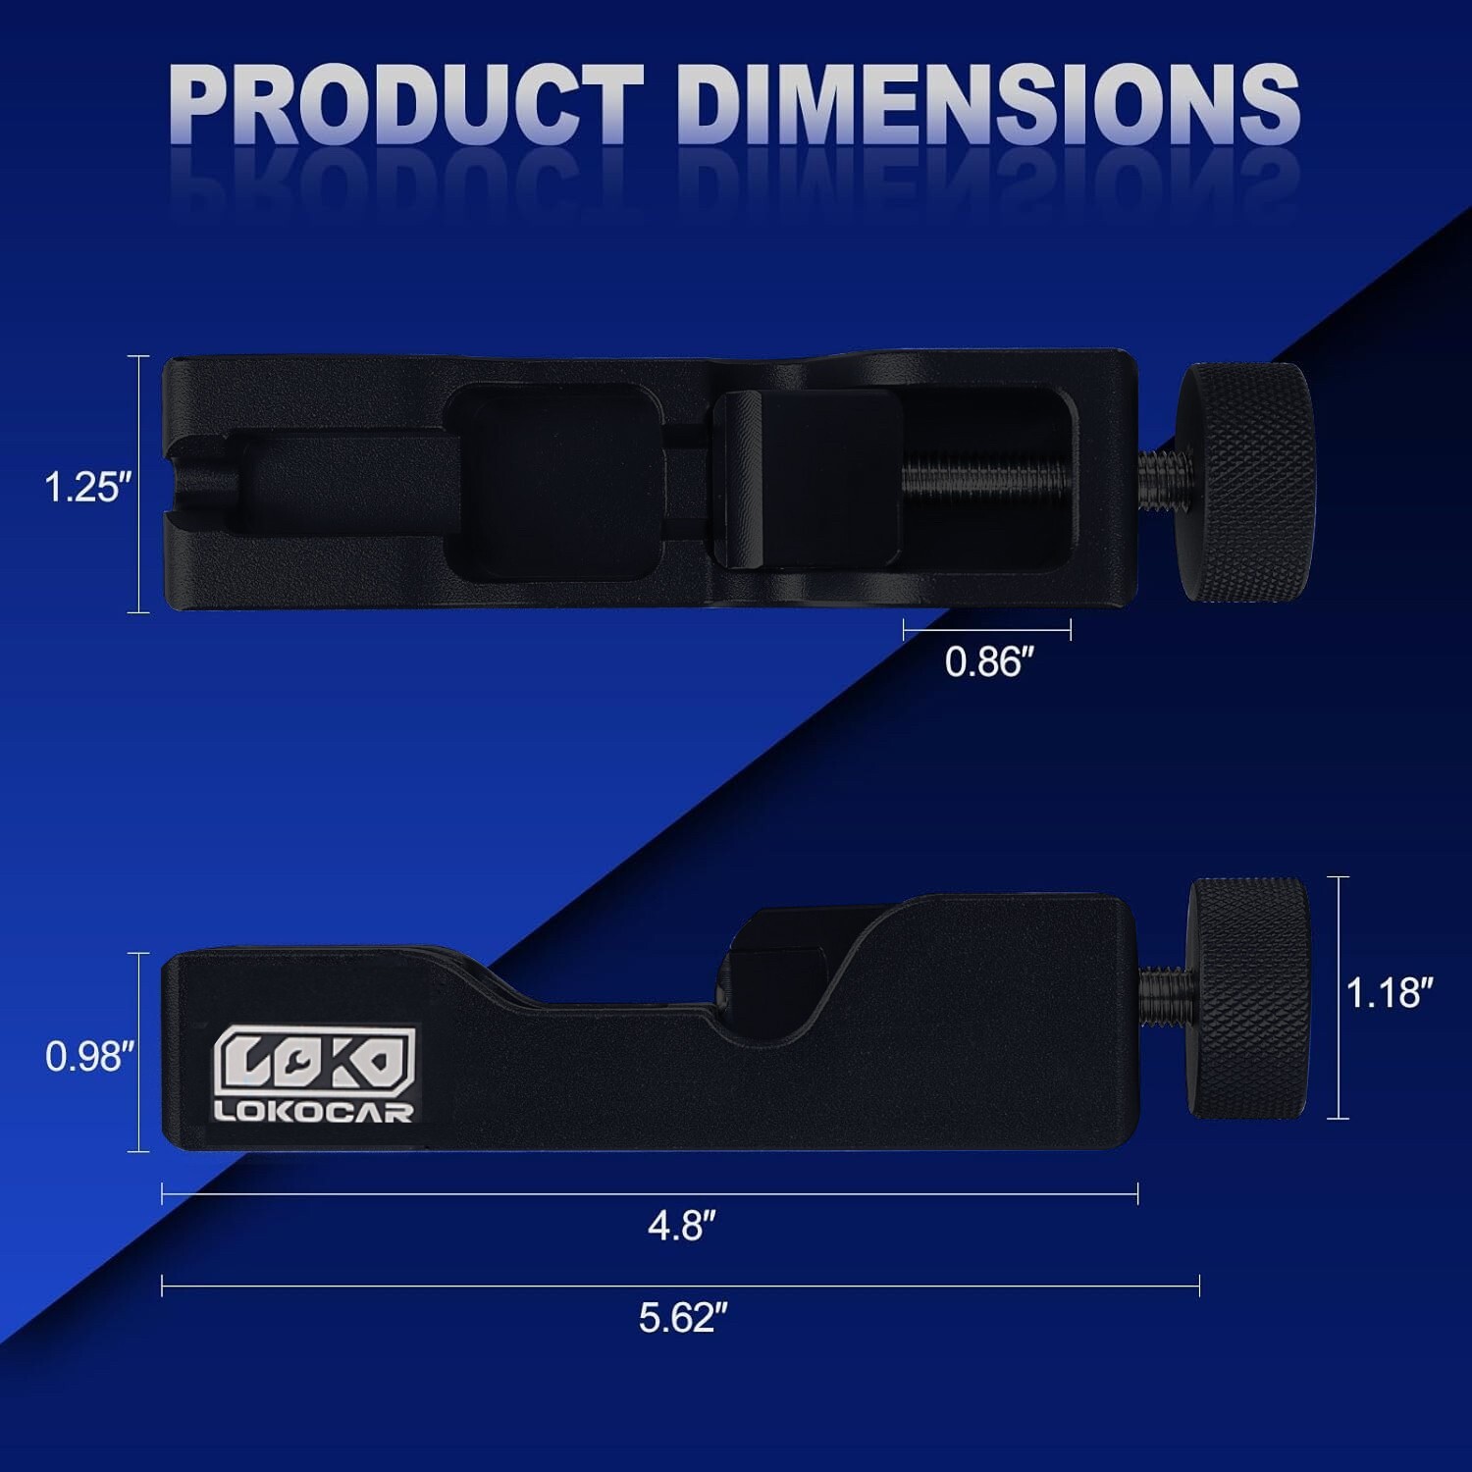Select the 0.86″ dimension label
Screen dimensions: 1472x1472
coord(989,662)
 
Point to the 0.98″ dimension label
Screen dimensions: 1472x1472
coord(89,1057)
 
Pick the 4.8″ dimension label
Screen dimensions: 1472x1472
coord(682,1226)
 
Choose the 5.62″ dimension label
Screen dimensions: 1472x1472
coord(683,1317)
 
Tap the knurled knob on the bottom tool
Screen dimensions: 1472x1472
coord(1248,998)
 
